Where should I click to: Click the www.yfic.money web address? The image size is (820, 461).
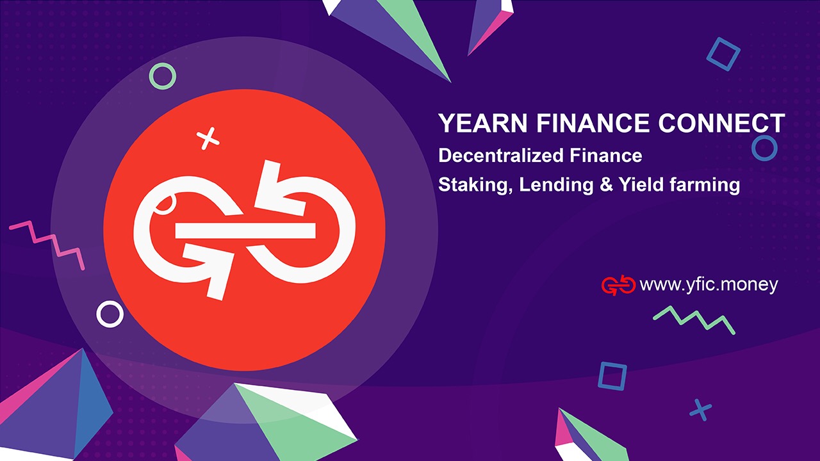coord(709,285)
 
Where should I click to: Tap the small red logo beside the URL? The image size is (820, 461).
coord(618,286)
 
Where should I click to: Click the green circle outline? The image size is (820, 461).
coord(162,76)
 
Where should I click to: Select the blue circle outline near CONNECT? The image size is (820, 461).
coord(764,148)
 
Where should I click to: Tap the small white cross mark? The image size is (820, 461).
coord(206,138)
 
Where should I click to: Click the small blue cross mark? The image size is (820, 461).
coord(701,409)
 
